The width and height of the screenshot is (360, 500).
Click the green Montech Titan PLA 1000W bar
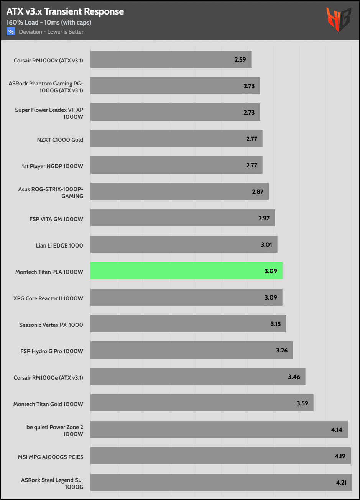point(186,271)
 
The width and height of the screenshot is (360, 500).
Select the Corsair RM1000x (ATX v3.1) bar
point(171,59)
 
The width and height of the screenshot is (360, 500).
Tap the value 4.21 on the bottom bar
point(341,482)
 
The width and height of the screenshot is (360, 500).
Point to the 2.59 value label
point(240,60)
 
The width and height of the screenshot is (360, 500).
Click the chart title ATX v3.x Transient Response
point(65,11)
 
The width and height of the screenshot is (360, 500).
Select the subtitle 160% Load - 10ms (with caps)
point(49,22)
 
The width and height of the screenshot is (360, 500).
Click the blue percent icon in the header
point(11,32)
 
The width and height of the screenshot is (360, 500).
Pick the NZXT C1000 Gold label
point(60,139)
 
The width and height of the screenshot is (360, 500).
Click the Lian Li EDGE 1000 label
point(59,245)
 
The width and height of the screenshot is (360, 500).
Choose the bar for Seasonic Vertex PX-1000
point(188,324)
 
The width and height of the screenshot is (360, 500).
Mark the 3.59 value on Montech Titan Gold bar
point(302,403)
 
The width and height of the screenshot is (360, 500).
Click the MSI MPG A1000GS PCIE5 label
point(50,456)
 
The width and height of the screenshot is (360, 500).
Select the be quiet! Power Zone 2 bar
point(219,430)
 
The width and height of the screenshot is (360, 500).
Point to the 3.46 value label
point(294,377)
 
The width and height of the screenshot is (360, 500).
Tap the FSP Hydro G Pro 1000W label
point(52,351)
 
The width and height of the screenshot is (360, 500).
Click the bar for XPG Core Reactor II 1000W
point(186,297)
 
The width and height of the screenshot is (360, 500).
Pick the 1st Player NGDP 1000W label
point(53,166)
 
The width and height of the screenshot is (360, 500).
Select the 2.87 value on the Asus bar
point(258,192)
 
